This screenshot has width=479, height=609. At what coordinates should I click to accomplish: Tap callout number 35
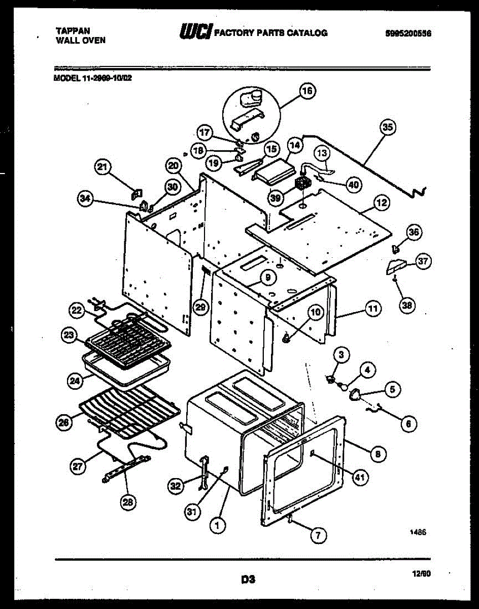(388, 128)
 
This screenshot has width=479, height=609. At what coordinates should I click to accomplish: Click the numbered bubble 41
(360, 477)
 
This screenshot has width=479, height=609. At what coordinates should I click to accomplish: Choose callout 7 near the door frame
(318, 534)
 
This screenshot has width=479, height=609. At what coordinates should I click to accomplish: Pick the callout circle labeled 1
(218, 526)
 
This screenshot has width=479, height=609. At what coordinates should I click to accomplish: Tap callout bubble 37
(422, 261)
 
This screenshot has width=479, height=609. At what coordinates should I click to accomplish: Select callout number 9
(267, 277)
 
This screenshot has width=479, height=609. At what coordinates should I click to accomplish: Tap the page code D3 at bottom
(248, 578)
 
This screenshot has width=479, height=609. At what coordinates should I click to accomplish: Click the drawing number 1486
(418, 533)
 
